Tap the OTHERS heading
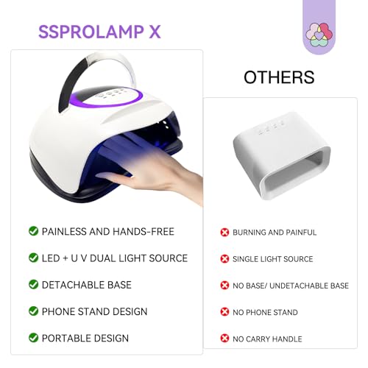279,77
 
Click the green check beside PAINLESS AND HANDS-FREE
33,231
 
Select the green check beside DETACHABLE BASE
33,284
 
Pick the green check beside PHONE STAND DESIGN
33,311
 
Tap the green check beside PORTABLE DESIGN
33,338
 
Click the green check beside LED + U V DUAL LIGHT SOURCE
33,258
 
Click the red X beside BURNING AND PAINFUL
224,233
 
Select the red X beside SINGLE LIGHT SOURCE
224,259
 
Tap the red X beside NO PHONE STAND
224,312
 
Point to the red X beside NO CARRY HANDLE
224,339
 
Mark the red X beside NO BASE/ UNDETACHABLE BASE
224,286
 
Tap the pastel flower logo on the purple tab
325,33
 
